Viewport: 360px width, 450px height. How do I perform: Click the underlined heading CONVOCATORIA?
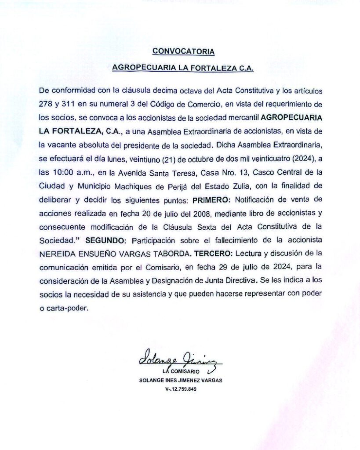183,51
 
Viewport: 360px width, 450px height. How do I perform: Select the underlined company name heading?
183,69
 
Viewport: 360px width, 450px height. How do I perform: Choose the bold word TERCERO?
212,254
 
